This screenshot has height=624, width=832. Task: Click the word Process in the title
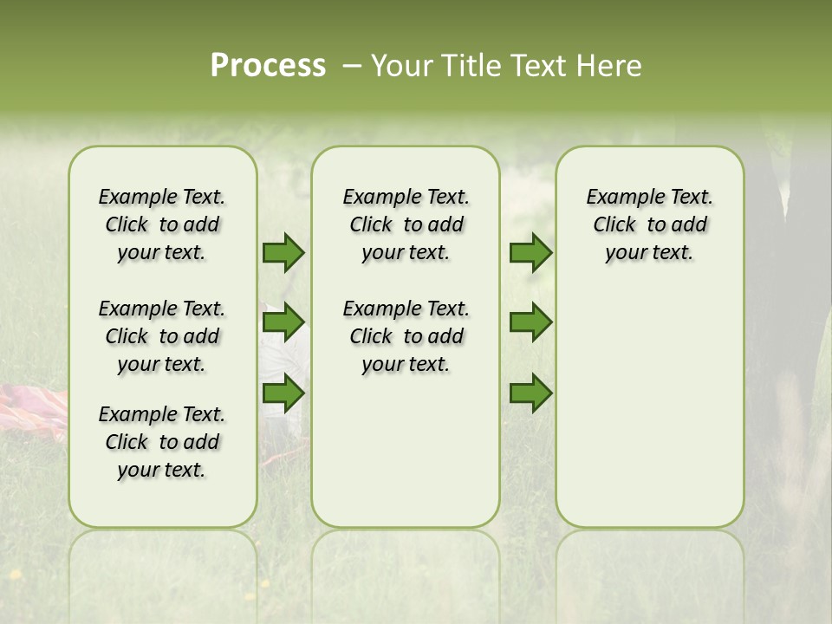[268, 66]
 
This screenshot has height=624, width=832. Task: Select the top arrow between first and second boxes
[283, 253]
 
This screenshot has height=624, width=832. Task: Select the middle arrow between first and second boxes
[283, 322]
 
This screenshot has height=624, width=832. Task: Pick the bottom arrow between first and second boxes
[283, 393]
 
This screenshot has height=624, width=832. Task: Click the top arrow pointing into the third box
[530, 253]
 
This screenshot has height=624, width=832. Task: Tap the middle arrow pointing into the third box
[530, 322]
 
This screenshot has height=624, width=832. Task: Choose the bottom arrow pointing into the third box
[530, 393]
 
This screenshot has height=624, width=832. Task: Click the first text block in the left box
[162, 224]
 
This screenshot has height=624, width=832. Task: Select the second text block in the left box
[162, 336]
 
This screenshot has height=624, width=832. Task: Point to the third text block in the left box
[162, 442]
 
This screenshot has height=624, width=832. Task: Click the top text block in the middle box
[406, 224]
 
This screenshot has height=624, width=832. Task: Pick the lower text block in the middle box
[406, 336]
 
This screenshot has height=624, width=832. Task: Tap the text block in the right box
[649, 224]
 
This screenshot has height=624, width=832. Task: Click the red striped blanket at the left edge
[33, 411]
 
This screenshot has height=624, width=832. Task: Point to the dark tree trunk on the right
[802, 286]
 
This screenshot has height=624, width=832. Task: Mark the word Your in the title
[395, 66]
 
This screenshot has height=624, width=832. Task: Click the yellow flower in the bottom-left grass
[15, 574]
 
